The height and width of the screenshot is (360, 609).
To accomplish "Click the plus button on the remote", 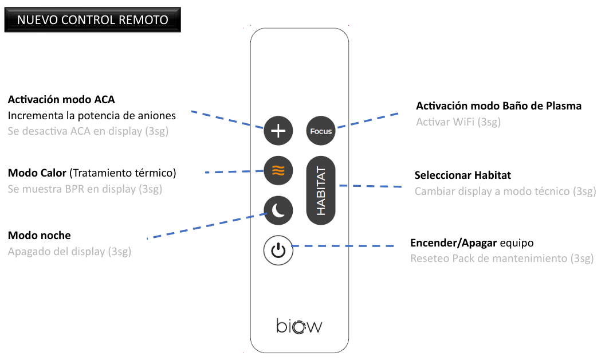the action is pyautogui.click(x=278, y=131).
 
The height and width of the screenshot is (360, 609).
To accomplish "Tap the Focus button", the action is pyautogui.click(x=321, y=131).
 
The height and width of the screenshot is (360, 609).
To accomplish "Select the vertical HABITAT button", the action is pyautogui.click(x=321, y=190).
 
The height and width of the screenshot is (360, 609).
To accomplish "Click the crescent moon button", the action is pyautogui.click(x=278, y=210).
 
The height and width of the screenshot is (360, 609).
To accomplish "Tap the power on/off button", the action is pyautogui.click(x=278, y=251).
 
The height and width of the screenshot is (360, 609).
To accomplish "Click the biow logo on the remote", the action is pyautogui.click(x=299, y=326).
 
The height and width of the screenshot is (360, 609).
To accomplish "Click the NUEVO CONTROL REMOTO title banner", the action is pyautogui.click(x=92, y=19).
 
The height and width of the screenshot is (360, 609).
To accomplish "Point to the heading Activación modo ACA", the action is pyautogui.click(x=61, y=100).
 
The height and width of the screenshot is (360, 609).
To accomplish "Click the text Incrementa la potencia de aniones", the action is pyautogui.click(x=92, y=115).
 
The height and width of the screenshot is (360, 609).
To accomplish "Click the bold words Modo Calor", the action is pyautogui.click(x=37, y=173).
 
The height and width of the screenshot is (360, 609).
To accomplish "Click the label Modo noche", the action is pyautogui.click(x=39, y=235).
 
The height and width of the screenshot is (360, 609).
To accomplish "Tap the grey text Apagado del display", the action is pyautogui.click(x=57, y=252).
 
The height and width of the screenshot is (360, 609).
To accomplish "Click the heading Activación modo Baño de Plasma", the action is pyautogui.click(x=498, y=105).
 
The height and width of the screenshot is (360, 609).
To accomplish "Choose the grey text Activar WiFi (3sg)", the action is pyautogui.click(x=458, y=122).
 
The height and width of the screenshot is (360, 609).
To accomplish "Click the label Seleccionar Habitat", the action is pyautogui.click(x=462, y=175).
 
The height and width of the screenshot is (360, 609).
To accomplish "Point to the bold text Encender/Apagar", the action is pyautogui.click(x=453, y=243).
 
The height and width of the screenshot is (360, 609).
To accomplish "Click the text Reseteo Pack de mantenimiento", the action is pyautogui.click(x=489, y=259).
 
